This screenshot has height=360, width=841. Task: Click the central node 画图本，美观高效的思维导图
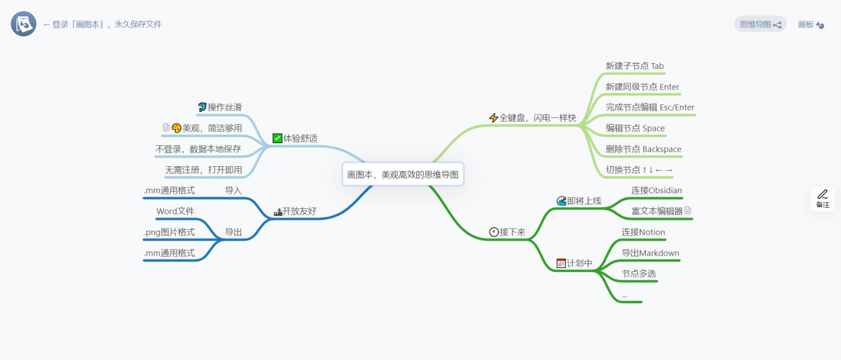coord(403,175)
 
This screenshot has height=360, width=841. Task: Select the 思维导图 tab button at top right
coord(760,24)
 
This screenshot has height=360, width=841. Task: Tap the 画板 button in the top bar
coord(811,24)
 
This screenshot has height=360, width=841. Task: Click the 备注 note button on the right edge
coord(823,198)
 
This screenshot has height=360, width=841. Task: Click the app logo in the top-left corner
coord(24,24)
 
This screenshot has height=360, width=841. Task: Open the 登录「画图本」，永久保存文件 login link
coord(102,24)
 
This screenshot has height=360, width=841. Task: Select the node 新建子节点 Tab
coord(635,66)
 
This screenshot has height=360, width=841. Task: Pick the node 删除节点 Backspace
coord(643,149)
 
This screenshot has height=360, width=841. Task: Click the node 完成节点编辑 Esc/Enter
coord(650,107)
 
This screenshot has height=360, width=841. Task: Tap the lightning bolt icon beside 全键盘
coord(493,118)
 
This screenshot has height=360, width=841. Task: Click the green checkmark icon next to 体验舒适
coord(277,139)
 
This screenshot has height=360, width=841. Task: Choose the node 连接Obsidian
coord(656,191)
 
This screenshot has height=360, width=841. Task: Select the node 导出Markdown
coord(650,253)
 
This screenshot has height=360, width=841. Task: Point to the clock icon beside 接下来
coord(494,232)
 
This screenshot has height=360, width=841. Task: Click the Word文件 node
coord(175,212)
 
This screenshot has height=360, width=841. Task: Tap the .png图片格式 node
coord(169,232)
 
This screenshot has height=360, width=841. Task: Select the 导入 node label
coord(233,191)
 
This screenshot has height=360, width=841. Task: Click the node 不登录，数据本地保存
coord(198,149)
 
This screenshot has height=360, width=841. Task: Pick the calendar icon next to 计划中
coord(561,263)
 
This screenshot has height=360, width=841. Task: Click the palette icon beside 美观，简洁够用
coord(176,128)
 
